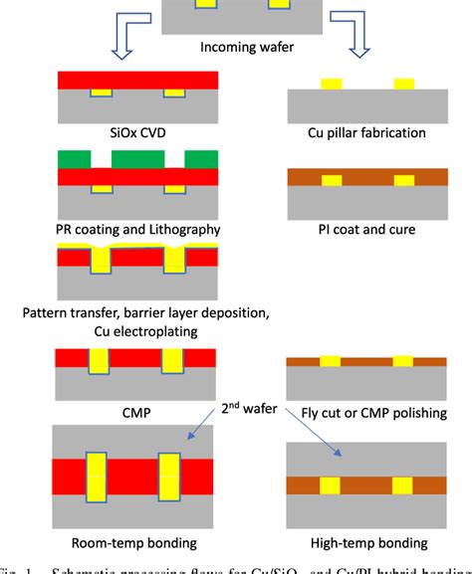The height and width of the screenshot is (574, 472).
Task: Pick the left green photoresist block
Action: [x=74, y=159]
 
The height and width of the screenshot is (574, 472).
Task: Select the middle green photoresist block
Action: [x=137, y=159]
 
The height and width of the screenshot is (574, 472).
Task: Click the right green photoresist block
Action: [x=200, y=159]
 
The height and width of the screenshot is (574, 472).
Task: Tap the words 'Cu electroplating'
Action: [x=137, y=330]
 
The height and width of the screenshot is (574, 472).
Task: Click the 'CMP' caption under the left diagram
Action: [x=137, y=408]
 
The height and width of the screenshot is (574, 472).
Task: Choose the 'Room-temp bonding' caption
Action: [x=137, y=542]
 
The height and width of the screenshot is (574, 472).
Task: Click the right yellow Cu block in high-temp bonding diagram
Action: [x=403, y=485]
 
